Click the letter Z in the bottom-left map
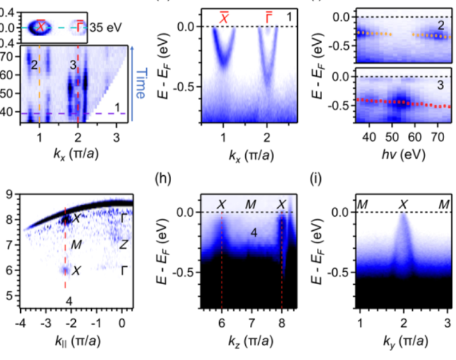[x=123, y=244]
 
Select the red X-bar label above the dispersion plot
[x=224, y=18]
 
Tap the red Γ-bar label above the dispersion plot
[x=268, y=18]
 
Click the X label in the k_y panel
[x=403, y=205]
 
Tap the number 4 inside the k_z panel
[x=253, y=233]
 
